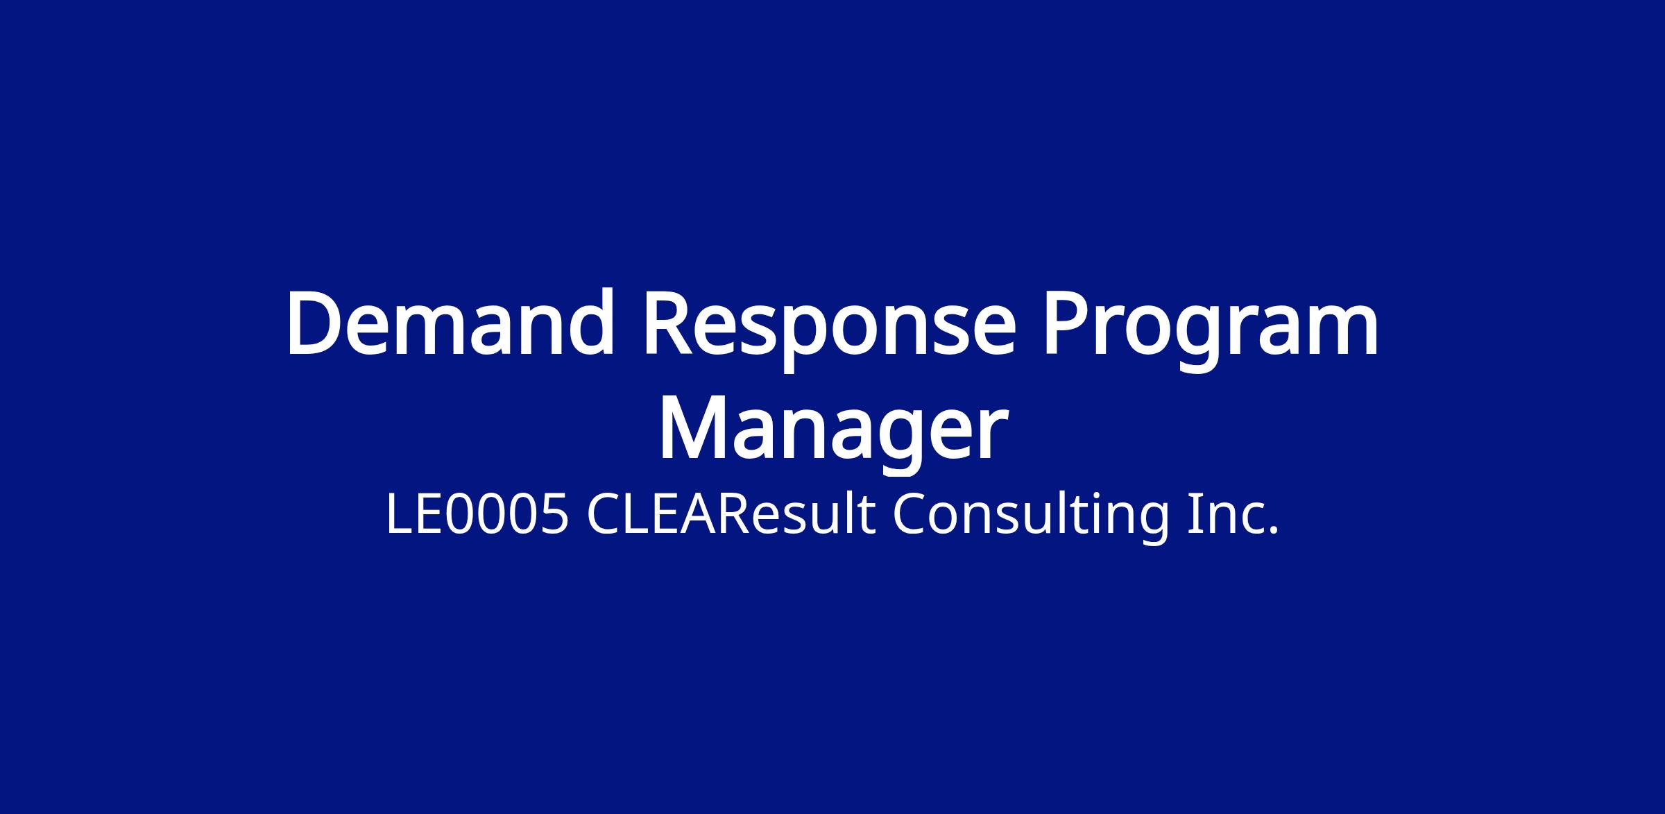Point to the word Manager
click(x=832, y=434)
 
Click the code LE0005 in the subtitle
click(x=478, y=515)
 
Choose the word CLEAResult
click(x=732, y=515)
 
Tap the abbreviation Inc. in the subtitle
click(x=1232, y=515)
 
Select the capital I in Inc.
click(x=1192, y=515)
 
